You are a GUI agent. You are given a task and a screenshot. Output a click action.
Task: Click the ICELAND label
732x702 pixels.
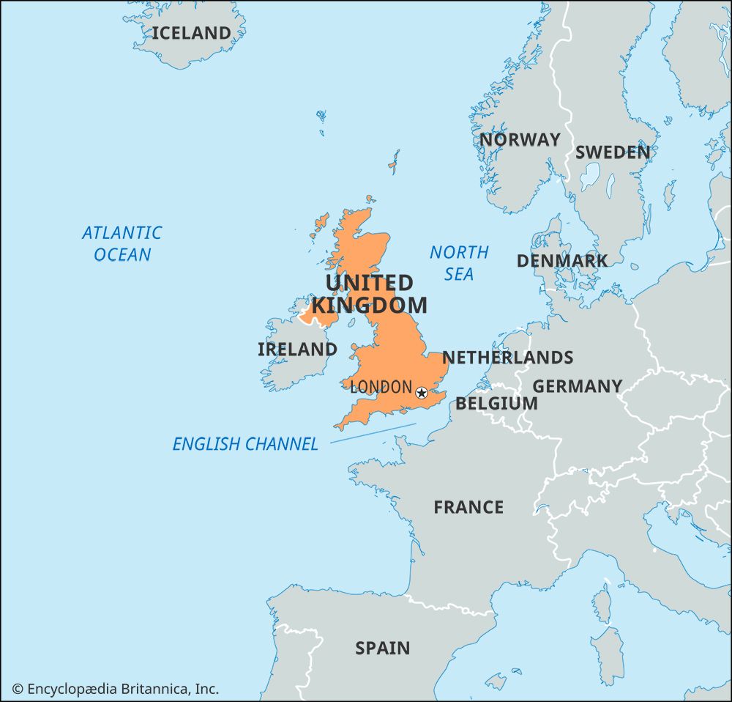[191, 33]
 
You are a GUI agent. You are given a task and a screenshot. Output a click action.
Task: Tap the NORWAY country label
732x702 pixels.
[520, 139]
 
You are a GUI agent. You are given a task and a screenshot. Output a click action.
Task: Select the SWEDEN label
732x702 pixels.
[612, 152]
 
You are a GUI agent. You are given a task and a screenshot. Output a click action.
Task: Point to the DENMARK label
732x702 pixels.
[561, 261]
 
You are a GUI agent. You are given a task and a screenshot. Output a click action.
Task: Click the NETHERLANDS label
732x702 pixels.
[507, 358]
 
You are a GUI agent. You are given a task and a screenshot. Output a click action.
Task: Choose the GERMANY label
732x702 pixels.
[577, 386]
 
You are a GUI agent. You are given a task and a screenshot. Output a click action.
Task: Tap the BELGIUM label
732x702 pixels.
[496, 404]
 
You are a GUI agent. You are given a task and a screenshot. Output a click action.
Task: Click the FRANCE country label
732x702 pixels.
[468, 507]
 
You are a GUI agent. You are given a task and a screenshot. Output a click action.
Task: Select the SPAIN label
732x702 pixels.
[382, 648]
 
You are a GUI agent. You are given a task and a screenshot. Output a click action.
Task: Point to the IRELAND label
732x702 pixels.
[297, 350]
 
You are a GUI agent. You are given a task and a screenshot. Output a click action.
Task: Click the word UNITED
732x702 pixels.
[369, 283]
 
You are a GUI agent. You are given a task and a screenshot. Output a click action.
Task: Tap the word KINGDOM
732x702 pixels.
[369, 305]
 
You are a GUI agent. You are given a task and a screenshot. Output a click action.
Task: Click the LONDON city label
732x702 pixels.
[381, 387]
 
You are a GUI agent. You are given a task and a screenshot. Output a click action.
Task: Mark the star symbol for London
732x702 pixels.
[421, 393]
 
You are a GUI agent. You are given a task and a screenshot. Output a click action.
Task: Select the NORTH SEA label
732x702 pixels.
[459, 263]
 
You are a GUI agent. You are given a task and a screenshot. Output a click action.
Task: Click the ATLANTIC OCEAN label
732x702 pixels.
[122, 243]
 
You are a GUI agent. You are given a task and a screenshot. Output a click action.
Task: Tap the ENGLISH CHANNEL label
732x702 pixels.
[245, 444]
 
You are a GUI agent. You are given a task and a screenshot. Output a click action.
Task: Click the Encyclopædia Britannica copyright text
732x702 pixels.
[116, 689]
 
